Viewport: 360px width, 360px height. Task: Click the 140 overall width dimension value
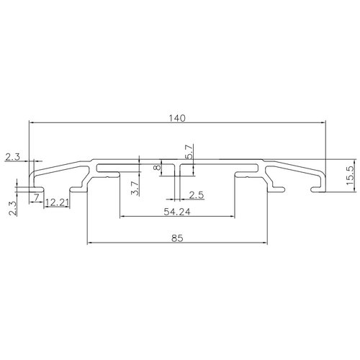click(177, 118)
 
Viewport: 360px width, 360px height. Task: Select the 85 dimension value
click(177, 238)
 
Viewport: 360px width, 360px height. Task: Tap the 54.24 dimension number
click(177, 212)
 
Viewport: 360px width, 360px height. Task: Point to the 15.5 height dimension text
click(351, 176)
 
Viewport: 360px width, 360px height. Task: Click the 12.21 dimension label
click(57, 203)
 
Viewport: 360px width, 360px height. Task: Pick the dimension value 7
click(36, 198)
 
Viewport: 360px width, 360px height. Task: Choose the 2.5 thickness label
click(197, 195)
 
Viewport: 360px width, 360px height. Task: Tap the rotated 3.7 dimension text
click(135, 188)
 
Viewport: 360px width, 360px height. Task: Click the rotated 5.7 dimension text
click(189, 152)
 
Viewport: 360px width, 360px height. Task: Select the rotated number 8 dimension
click(157, 167)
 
